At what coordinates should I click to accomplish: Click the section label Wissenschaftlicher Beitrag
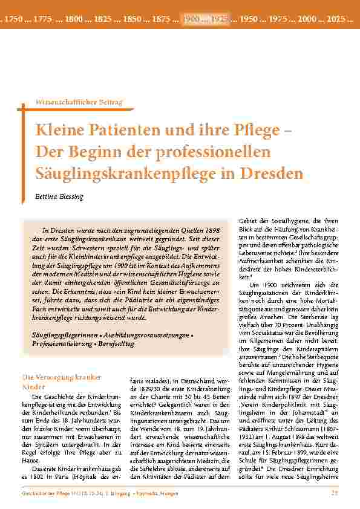(80, 103)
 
